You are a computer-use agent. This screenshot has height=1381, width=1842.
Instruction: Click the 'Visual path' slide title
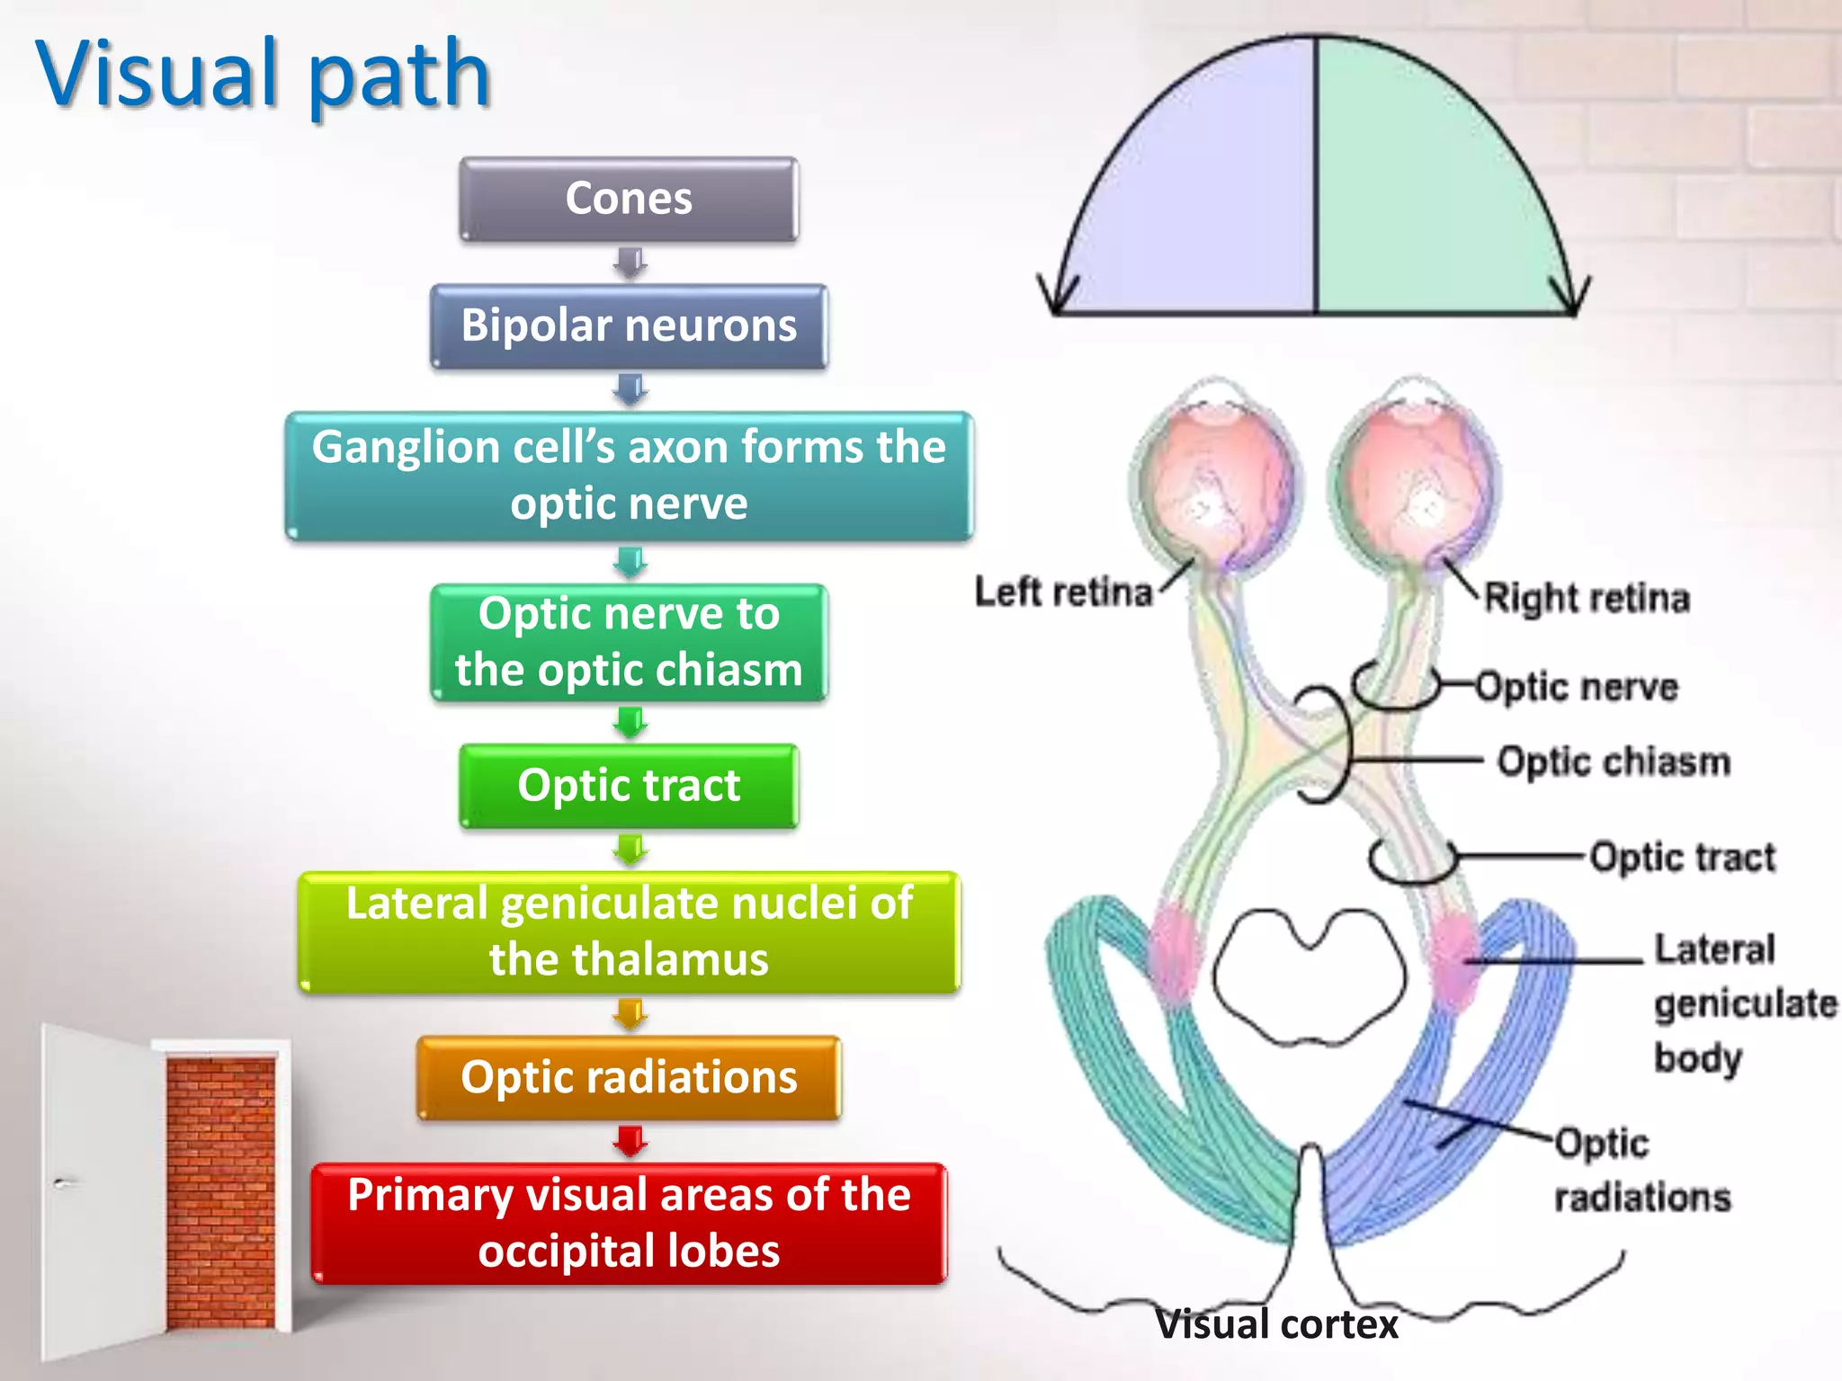[263, 76]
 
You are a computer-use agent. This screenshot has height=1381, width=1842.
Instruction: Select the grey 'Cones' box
[629, 199]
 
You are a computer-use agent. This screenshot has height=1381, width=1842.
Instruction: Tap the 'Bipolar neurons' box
[629, 325]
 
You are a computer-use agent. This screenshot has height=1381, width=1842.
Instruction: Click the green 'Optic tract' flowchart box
[629, 786]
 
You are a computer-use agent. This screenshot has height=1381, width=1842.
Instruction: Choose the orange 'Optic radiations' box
[629, 1077]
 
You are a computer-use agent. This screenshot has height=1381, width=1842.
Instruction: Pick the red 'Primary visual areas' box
[629, 1223]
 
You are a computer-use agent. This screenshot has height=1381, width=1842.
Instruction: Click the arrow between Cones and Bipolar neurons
[630, 263]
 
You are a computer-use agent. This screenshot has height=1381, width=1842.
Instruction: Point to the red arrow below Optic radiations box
[630, 1141]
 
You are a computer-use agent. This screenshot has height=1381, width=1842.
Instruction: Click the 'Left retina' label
[1063, 592]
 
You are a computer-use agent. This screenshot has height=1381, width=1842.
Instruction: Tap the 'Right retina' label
[1587, 598]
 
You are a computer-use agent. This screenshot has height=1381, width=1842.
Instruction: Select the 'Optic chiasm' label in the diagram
[1614, 762]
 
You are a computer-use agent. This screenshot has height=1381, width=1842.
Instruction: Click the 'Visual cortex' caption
[1276, 1324]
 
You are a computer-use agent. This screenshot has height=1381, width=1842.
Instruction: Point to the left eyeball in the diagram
[1217, 481]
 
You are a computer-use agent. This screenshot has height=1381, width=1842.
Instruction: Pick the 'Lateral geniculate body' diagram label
[1727, 1002]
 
